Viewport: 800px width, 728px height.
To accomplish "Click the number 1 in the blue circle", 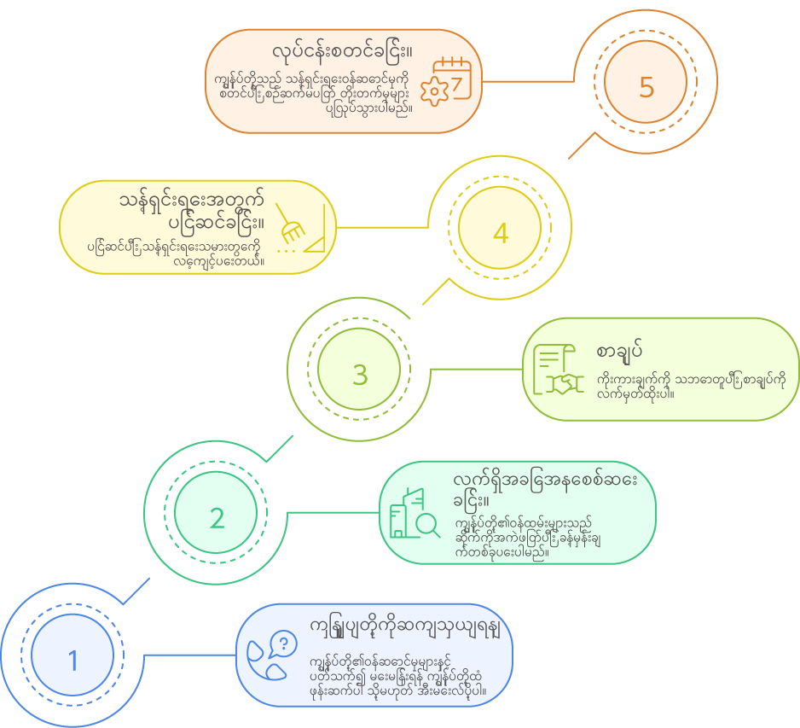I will point(72,660).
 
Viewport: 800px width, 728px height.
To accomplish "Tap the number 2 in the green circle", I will point(217,517).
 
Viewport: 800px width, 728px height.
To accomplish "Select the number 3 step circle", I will point(359,374).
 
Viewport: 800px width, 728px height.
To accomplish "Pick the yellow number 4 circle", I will point(501,233).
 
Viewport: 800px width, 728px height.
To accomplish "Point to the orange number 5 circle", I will point(646,87).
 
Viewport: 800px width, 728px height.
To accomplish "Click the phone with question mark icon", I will point(272,654).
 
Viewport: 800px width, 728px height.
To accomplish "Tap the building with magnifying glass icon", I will point(414,513).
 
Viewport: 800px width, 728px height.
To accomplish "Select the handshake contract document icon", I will point(557,369).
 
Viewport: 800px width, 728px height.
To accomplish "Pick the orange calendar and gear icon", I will point(449,81).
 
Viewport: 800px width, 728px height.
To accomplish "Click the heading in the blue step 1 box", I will point(404,627).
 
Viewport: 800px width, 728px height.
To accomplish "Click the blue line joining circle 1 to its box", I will point(188,655).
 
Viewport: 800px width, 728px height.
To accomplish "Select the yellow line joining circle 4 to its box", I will point(384,228).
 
